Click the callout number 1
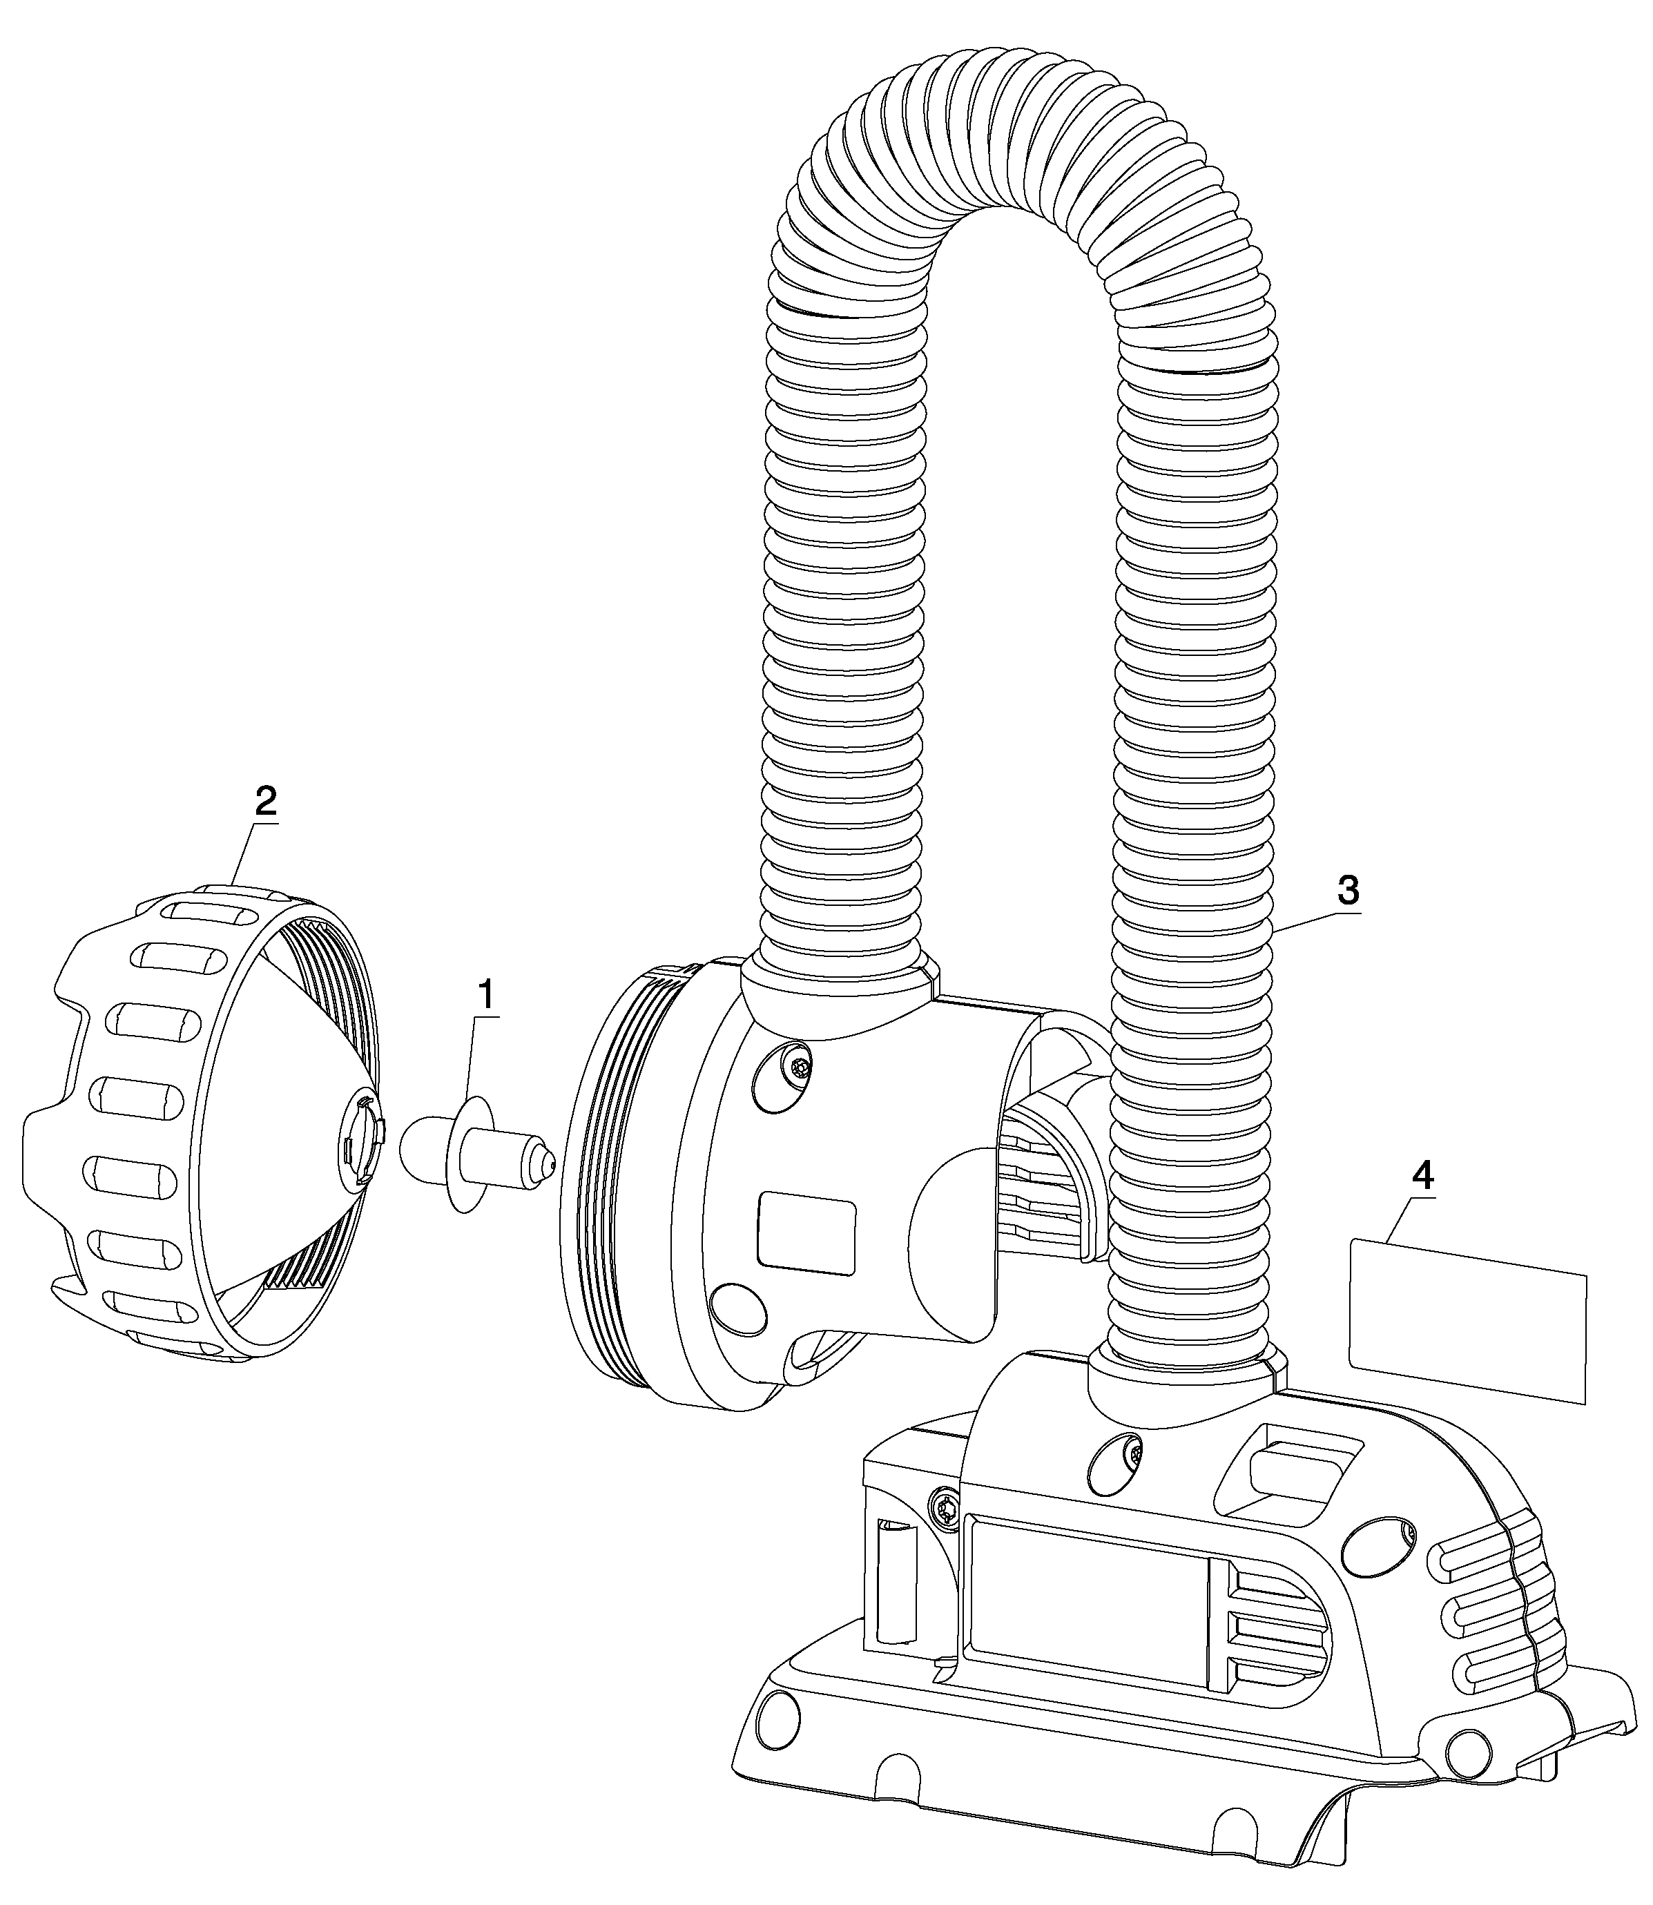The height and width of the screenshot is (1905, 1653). (485, 996)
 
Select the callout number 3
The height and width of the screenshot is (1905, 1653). (1348, 890)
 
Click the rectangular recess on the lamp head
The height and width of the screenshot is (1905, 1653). (806, 1233)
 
